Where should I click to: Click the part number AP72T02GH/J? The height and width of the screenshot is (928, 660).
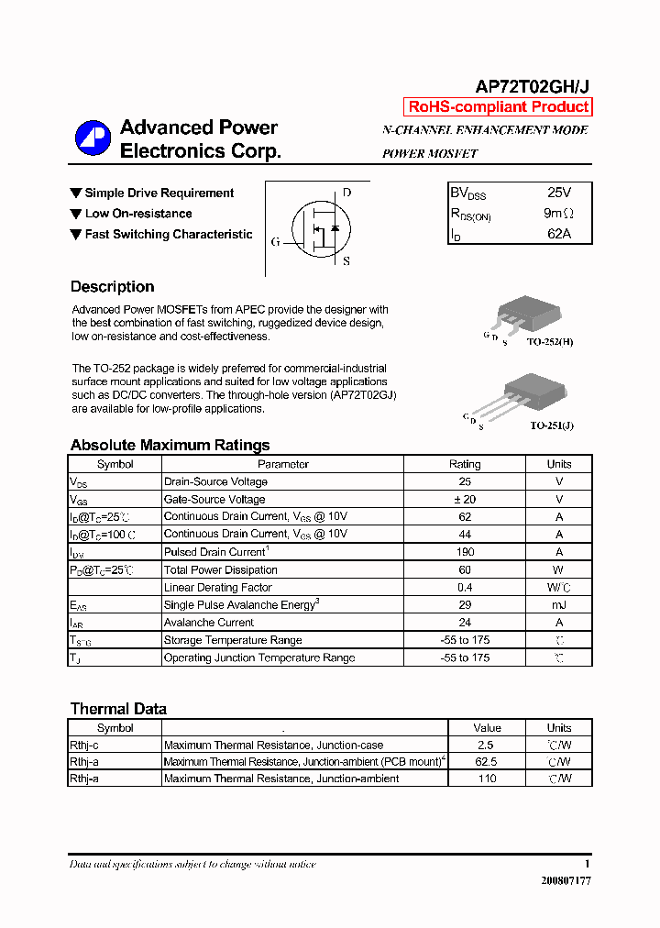(532, 86)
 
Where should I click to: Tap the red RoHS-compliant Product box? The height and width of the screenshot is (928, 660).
(498, 107)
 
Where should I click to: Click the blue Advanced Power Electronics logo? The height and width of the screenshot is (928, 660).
(93, 138)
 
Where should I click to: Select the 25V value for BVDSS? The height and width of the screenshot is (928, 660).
(558, 193)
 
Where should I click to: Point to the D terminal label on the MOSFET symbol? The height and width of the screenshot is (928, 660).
(346, 193)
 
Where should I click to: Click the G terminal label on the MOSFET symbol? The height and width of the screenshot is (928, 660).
(275, 242)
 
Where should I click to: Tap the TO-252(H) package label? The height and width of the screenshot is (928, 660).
(550, 342)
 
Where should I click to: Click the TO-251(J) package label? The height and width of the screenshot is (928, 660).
(551, 425)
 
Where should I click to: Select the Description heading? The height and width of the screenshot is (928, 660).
(112, 287)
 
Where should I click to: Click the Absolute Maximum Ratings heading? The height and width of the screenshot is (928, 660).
(170, 446)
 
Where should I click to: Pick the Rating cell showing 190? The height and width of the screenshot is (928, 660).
(465, 552)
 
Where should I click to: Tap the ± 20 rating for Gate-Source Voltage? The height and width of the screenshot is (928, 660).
(465, 500)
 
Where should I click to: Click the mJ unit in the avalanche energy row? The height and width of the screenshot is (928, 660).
(558, 605)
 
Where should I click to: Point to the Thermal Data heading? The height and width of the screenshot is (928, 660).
(118, 709)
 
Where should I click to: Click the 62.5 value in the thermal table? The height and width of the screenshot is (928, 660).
(487, 762)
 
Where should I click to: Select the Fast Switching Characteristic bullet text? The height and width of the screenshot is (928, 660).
(169, 235)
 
